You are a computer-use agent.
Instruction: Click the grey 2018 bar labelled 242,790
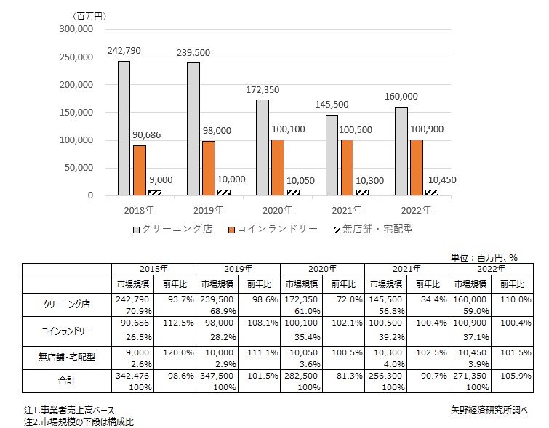[x=124, y=128]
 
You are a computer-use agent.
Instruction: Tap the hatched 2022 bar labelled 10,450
[x=431, y=193]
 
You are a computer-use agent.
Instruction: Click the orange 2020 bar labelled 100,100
[x=277, y=167]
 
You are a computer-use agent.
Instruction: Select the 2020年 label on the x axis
[x=277, y=210]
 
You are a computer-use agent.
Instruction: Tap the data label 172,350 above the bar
[x=261, y=89]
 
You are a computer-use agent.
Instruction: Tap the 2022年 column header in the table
[x=490, y=268]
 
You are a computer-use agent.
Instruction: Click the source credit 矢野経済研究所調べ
[x=489, y=409]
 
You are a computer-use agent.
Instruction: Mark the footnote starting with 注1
[x=70, y=410]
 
